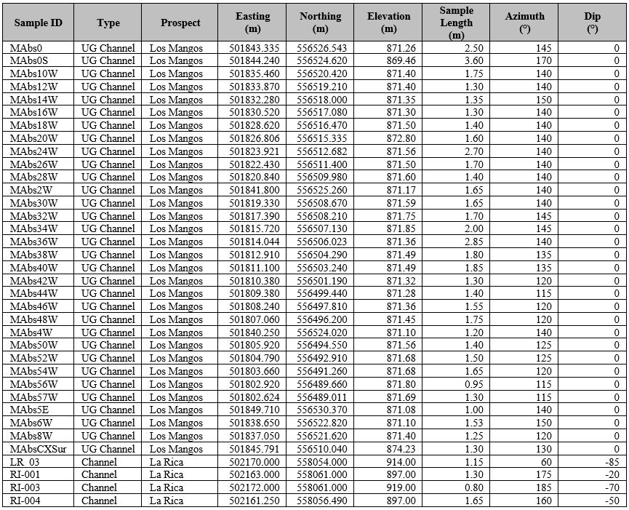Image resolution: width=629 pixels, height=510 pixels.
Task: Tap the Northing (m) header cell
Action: tap(320, 23)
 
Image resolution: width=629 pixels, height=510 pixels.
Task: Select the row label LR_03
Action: tap(25, 462)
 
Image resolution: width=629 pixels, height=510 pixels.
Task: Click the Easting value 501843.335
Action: tap(254, 48)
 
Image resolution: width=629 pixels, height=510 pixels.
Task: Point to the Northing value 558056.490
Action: tap(324, 501)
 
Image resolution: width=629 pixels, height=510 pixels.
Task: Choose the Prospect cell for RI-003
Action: tap(167, 487)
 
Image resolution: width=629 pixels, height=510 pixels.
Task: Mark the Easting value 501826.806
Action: tap(254, 138)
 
